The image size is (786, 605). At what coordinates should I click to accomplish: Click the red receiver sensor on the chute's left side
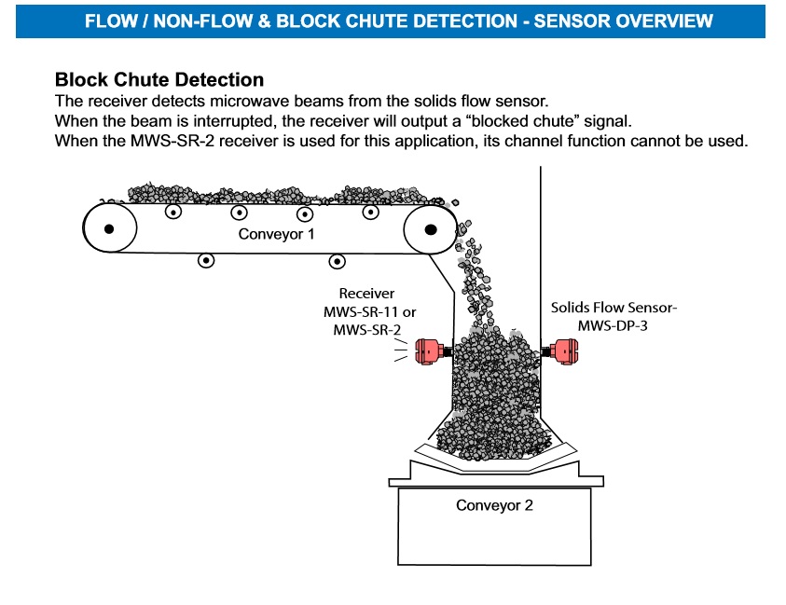point(429,351)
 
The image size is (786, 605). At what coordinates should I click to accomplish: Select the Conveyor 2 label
point(494,505)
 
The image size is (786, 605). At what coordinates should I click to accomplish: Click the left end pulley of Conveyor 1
point(109,228)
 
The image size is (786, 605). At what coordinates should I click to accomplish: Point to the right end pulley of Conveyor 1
point(431,228)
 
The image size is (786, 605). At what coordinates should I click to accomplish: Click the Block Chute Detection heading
point(159,80)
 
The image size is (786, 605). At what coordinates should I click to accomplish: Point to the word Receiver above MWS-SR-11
point(366,293)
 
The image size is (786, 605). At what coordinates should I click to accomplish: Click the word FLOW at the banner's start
point(107,21)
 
